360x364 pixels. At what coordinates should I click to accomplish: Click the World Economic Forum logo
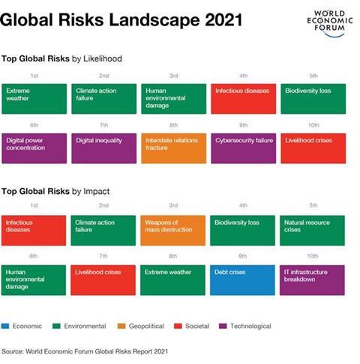(x=330, y=23)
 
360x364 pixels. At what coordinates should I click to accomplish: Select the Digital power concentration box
(x=34, y=148)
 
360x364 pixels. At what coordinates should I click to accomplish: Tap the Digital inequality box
(x=104, y=148)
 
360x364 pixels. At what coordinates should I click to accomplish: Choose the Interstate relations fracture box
(x=174, y=148)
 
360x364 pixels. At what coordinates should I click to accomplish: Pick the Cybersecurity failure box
(x=244, y=148)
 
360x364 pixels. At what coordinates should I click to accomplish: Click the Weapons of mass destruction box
(x=172, y=231)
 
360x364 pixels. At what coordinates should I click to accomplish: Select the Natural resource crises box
(x=312, y=231)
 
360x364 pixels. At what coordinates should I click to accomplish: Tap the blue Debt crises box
(x=242, y=280)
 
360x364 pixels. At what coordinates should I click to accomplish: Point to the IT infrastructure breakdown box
(x=312, y=280)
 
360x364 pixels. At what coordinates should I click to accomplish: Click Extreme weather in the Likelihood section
(x=34, y=99)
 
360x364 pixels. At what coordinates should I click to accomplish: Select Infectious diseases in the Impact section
(x=34, y=231)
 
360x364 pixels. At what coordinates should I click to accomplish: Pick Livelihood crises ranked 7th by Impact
(x=103, y=280)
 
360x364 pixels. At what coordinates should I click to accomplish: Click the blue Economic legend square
(x=5, y=326)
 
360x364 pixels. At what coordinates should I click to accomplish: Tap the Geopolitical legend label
(x=146, y=326)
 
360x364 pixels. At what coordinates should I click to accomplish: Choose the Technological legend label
(x=250, y=326)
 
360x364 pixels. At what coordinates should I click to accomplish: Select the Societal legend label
(x=197, y=326)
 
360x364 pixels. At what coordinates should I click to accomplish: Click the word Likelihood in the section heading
(x=103, y=58)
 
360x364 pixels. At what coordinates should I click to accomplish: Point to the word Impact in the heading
(x=96, y=192)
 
